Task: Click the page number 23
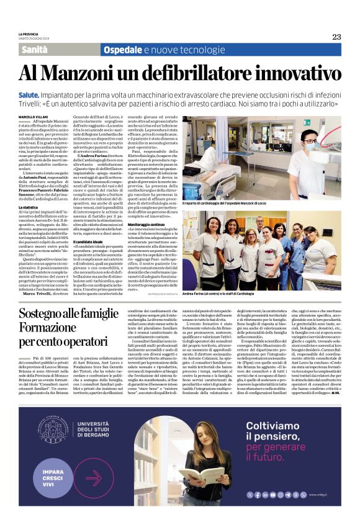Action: click(x=336, y=37)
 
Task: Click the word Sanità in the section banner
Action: click(x=38, y=50)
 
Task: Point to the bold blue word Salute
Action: click(x=30, y=92)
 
